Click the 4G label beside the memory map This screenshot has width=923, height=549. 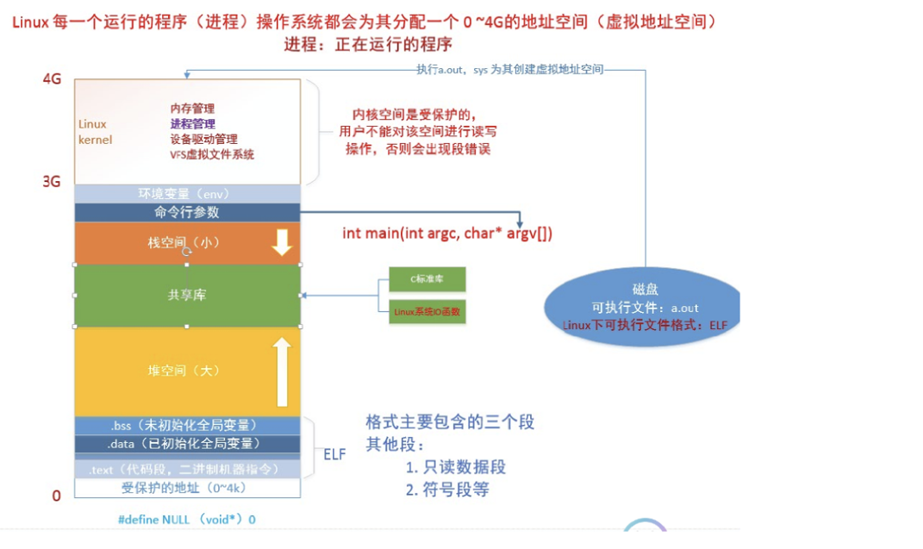[53, 78]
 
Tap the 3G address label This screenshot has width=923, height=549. [53, 182]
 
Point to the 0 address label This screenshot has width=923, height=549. [57, 496]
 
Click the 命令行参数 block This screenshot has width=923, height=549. [187, 212]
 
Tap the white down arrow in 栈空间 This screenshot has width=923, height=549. [282, 243]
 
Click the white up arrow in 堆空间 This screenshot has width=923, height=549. [282, 371]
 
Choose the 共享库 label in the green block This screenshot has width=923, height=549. [187, 295]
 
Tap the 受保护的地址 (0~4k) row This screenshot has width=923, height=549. [187, 489]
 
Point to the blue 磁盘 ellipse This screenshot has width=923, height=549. [642, 306]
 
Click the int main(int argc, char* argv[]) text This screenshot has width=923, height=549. [447, 234]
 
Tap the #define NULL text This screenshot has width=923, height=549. [186, 520]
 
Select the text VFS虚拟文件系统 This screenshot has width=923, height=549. [212, 154]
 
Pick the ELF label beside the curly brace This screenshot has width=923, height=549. [334, 453]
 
